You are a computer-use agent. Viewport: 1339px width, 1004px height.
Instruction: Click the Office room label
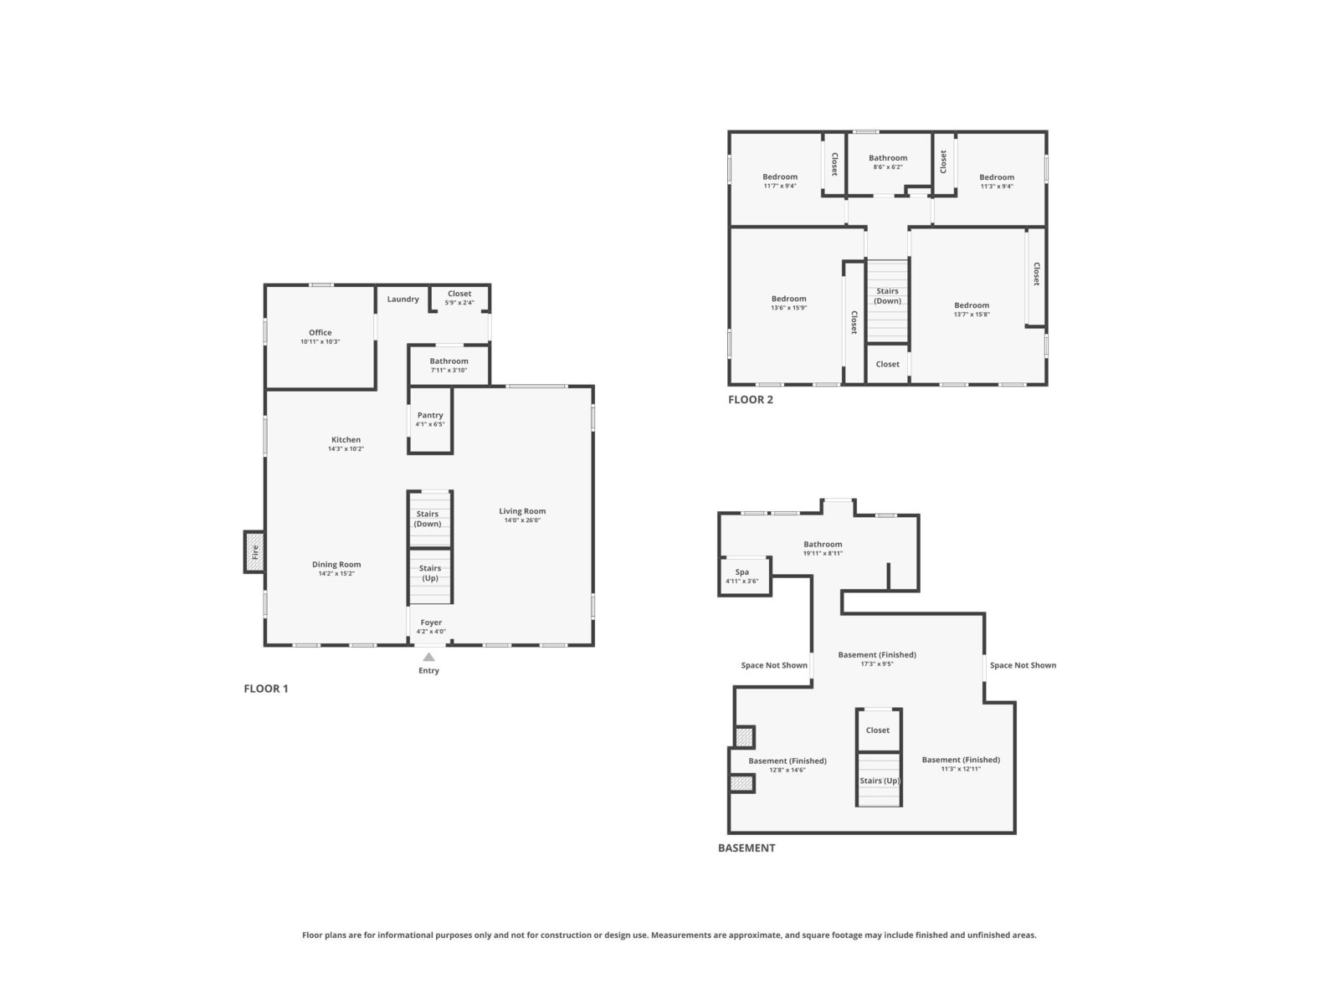(x=320, y=332)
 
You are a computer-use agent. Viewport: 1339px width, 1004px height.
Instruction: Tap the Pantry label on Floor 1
(x=429, y=415)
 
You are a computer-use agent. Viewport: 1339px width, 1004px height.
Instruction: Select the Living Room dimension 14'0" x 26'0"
(x=521, y=520)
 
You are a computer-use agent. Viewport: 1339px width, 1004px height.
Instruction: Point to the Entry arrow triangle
(x=428, y=657)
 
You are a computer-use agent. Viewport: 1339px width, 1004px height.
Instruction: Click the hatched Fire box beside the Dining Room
(x=254, y=551)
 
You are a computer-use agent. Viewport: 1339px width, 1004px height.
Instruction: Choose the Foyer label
(x=431, y=622)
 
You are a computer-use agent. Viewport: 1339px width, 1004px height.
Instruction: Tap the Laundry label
(x=403, y=299)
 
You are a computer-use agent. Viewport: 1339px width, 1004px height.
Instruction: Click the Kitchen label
(x=346, y=439)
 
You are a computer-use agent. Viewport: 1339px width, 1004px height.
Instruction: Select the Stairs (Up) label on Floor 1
(x=429, y=573)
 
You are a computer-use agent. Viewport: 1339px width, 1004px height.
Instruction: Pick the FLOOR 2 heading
(x=751, y=399)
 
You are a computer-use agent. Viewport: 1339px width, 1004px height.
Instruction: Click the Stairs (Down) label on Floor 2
(x=887, y=295)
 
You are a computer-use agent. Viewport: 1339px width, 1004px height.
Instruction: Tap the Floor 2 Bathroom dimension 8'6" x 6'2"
(x=888, y=166)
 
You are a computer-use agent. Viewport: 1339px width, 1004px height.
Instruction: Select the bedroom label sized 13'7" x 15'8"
(x=971, y=305)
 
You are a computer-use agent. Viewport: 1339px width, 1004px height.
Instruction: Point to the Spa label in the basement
(x=741, y=571)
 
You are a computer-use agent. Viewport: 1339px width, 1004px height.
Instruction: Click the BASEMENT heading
(x=746, y=848)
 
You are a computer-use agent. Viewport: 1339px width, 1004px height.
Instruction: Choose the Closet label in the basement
(x=877, y=730)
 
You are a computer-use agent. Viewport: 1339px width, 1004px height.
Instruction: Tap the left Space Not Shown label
(x=773, y=665)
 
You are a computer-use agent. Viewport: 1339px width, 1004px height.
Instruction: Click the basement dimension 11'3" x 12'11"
(x=961, y=769)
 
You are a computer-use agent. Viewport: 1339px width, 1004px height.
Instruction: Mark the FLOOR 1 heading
(x=265, y=689)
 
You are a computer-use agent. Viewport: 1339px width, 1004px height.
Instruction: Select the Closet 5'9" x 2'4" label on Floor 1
(x=459, y=298)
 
